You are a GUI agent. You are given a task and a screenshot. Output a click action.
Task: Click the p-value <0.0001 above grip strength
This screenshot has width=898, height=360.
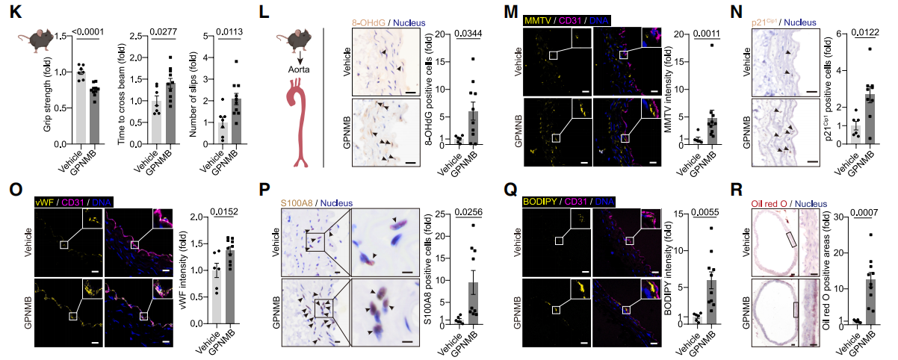click(x=89, y=31)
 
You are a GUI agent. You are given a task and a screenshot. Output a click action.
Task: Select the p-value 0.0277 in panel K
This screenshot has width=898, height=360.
click(x=161, y=31)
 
